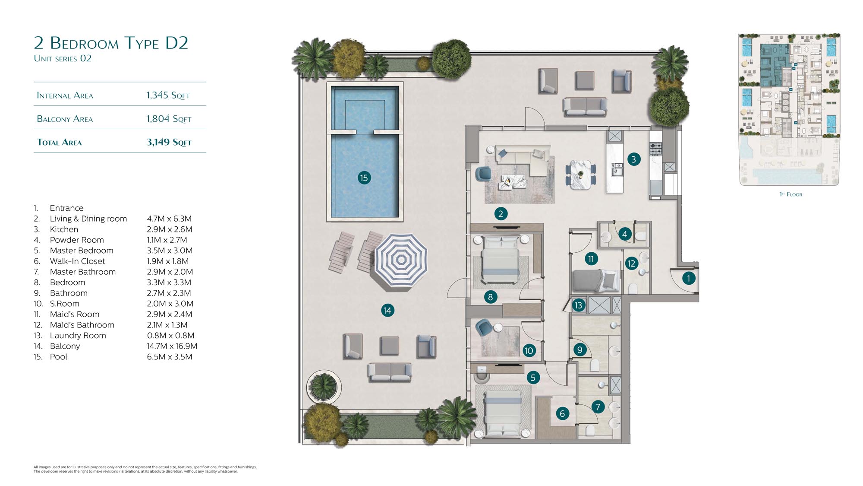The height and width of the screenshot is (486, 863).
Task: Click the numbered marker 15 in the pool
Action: point(364,178)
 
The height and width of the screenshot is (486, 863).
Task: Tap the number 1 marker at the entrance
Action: point(689,278)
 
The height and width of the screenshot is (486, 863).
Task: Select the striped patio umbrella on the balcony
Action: point(401,260)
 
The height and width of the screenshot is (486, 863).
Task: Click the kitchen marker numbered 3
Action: point(633,159)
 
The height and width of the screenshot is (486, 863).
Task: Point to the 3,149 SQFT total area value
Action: point(169,142)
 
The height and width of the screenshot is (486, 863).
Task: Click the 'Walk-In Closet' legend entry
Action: point(77,261)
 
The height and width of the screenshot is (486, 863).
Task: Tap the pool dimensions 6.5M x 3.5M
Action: point(170,357)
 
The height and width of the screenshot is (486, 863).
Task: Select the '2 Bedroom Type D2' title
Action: point(111,43)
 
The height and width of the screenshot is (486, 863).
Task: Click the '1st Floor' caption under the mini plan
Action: point(791,194)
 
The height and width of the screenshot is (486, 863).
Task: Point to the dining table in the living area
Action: point(580,175)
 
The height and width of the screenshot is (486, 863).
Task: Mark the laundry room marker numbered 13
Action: point(578,305)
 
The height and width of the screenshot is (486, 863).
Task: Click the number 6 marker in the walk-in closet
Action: point(562,413)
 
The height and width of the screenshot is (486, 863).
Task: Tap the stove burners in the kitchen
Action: point(656,149)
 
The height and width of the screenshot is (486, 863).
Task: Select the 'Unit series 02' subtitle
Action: point(63,58)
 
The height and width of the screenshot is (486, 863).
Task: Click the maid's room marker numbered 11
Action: point(591,259)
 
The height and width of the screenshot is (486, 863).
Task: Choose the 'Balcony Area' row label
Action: point(65,119)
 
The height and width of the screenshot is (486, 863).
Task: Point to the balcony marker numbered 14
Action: point(387,310)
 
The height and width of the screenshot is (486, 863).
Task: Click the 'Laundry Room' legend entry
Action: point(78,336)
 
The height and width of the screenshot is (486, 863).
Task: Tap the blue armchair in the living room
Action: point(483,174)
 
